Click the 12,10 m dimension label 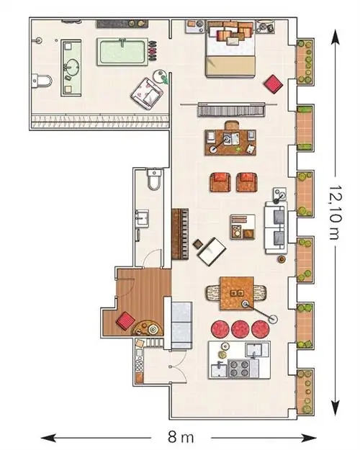[335, 212]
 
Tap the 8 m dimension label [181, 437]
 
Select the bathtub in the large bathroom [122, 52]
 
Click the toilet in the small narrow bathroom [155, 179]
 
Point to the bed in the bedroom [230, 49]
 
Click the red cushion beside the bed [274, 84]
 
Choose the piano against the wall [180, 235]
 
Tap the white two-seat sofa [276, 228]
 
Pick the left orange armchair [220, 182]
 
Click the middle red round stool [240, 329]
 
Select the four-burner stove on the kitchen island [238, 369]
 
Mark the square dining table [237, 293]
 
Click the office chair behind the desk [232, 125]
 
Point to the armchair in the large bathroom [147, 94]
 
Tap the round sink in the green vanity [71, 68]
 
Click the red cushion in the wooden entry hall [126, 320]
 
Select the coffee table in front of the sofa [243, 227]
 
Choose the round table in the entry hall [148, 328]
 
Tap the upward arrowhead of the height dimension [335, 37]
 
